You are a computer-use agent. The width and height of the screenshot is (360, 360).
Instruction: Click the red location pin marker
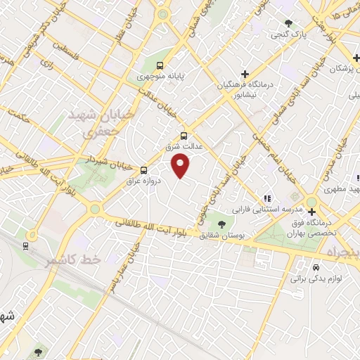(181, 166)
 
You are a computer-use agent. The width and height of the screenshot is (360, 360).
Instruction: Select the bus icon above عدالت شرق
(184, 136)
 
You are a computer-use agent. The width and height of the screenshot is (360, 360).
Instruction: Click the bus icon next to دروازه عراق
(143, 169)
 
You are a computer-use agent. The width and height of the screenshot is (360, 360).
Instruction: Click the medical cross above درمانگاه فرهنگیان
(245, 73)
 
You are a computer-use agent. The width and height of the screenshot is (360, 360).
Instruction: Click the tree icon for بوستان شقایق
(221, 224)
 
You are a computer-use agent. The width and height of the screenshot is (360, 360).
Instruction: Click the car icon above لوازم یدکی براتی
(316, 268)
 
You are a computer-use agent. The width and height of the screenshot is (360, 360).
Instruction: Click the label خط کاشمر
(73, 259)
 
